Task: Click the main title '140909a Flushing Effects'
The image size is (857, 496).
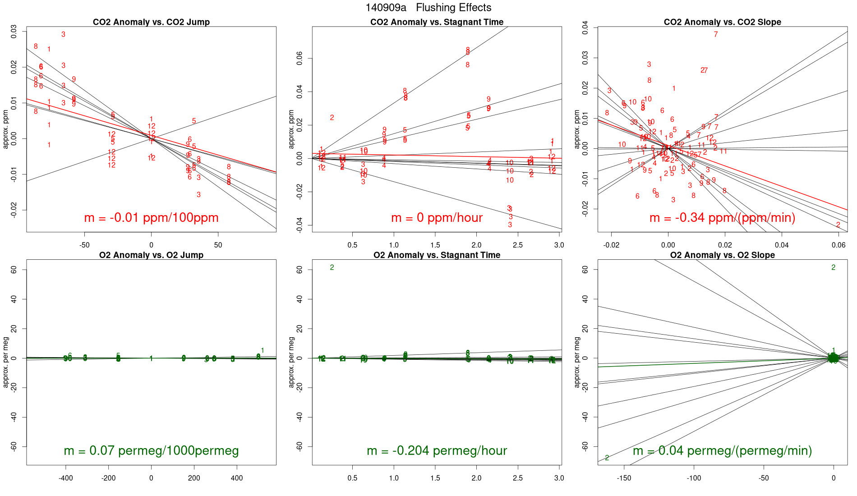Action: tap(428, 8)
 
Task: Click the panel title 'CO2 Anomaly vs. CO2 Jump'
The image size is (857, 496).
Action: tap(151, 22)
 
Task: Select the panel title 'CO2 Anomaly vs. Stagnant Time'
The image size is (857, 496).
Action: tap(437, 22)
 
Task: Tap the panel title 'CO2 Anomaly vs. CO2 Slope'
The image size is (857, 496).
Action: tap(722, 22)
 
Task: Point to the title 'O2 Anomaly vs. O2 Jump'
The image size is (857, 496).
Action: tap(151, 255)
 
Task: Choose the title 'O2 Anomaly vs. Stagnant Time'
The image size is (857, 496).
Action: tap(437, 255)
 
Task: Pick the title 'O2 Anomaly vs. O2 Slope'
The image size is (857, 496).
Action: tap(722, 255)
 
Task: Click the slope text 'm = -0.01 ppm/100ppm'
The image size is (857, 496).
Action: tap(151, 218)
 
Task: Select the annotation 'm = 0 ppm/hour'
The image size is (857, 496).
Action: tap(437, 218)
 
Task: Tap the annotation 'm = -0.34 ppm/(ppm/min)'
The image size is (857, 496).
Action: tap(722, 218)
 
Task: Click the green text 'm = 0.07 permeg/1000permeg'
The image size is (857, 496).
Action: tap(151, 451)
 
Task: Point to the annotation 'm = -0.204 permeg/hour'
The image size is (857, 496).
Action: tap(437, 451)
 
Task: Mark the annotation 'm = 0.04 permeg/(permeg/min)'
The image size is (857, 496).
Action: tap(722, 451)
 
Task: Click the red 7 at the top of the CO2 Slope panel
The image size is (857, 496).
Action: tap(716, 34)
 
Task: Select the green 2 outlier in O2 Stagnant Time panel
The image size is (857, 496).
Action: tap(332, 267)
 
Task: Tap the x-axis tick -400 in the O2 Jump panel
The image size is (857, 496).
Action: tap(65, 478)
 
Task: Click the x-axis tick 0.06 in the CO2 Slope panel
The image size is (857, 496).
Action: tap(839, 245)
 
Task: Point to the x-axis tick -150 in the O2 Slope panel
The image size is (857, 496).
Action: tap(624, 478)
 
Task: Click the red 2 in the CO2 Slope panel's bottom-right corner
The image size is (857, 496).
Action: tap(838, 225)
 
